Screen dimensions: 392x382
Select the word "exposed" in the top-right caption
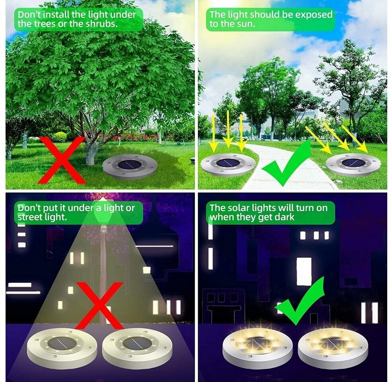[x=314, y=15]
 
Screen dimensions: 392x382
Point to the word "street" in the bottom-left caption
[x=30, y=216]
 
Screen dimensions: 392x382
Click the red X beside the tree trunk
[x=61, y=160]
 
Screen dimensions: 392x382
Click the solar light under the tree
[x=130, y=166]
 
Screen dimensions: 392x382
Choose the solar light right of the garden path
[x=353, y=165]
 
